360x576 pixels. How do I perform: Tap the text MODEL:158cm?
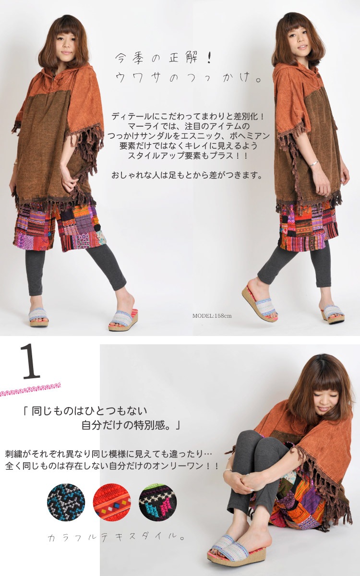(x=212, y=316)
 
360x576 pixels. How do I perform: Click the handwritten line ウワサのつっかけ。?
(x=188, y=77)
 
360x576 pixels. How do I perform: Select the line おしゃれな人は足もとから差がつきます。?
(x=187, y=175)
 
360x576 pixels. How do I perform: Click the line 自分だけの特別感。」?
(x=131, y=426)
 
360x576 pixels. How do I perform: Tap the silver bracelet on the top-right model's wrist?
(x=314, y=164)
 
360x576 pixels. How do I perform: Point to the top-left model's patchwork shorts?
(x=60, y=227)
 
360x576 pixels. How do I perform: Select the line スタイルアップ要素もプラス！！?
(x=187, y=156)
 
